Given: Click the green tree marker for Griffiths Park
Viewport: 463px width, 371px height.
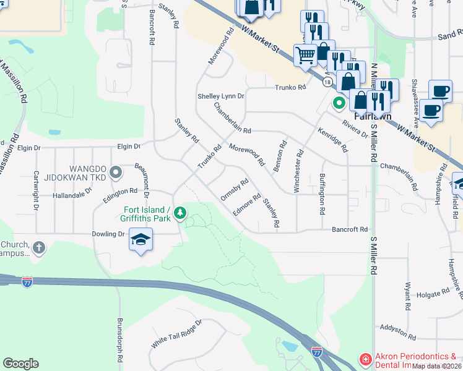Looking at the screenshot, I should click(x=180, y=213).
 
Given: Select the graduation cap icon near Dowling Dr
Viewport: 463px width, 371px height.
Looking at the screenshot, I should click(x=141, y=239).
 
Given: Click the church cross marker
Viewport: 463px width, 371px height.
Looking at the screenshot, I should click(x=38, y=248).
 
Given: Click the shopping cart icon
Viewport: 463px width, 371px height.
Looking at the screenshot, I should click(x=305, y=55).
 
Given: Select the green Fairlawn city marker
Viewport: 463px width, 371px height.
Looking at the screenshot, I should click(x=339, y=103).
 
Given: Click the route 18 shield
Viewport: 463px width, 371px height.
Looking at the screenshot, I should click(x=327, y=81).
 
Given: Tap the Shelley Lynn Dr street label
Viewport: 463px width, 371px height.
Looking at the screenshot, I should click(x=221, y=96).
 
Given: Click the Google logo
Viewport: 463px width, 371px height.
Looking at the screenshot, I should click(x=20, y=364).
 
